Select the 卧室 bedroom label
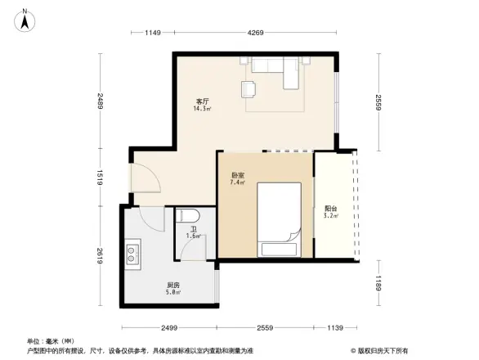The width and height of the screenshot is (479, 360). pos(238,175)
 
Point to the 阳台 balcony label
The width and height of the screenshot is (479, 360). pos(330,208)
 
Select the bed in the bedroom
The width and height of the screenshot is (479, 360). pos(280,218)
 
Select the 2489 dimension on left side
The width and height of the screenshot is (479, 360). pos(99,101)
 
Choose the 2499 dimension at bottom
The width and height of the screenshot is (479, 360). pos(169,327)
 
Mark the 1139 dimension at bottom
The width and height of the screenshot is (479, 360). pos(335,327)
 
